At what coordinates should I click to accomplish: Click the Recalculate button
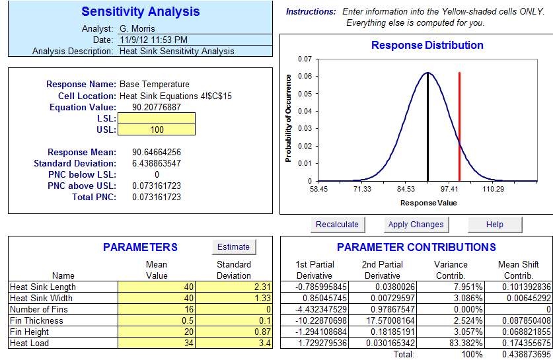(337, 225)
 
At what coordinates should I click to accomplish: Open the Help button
(494, 225)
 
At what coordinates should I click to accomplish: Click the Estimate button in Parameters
(234, 247)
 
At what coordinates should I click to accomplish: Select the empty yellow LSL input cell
(157, 118)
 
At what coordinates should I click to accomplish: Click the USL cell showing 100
(157, 129)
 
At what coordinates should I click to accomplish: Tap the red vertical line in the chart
(459, 126)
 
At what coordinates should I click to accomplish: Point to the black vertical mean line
(427, 126)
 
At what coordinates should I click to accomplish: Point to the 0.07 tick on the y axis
(304, 59)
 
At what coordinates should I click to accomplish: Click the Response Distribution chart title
(427, 46)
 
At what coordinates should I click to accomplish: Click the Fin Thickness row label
(37, 320)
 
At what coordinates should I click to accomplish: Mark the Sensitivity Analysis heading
(140, 12)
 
